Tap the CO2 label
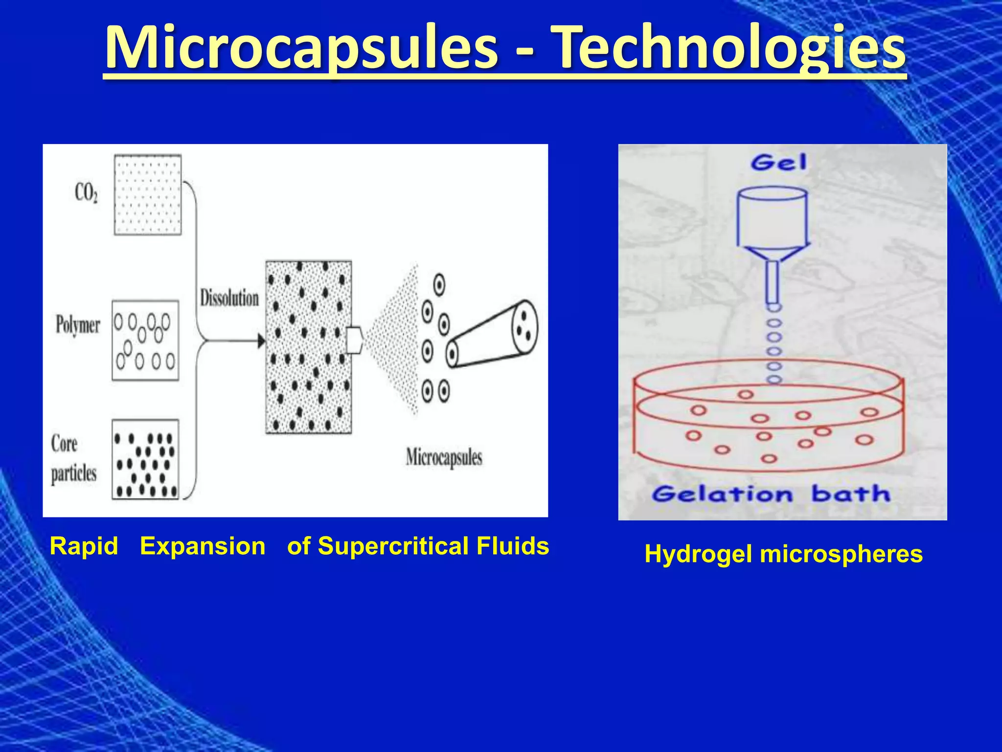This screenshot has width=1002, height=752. click(86, 193)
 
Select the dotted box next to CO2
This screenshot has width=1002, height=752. click(148, 195)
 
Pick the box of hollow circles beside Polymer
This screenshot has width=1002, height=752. click(145, 340)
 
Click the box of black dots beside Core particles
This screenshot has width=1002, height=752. click(145, 459)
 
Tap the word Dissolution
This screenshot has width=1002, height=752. click(229, 298)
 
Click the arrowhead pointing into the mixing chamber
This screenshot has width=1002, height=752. click(261, 341)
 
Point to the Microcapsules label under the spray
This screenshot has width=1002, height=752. click(444, 458)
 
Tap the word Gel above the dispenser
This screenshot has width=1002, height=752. click(778, 163)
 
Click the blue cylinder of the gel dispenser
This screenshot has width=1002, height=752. click(772, 218)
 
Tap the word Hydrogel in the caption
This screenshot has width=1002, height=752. click(698, 554)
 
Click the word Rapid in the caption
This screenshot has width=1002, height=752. click(84, 546)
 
